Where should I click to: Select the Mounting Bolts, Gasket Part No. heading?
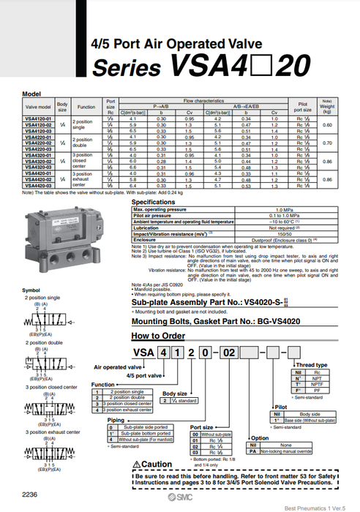click(216, 320)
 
